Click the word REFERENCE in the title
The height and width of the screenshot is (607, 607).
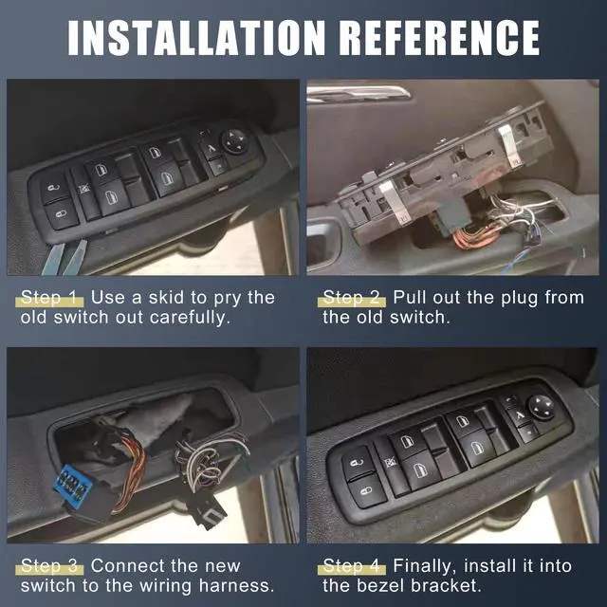click(x=439, y=36)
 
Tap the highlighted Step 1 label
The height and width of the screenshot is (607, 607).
click(x=52, y=298)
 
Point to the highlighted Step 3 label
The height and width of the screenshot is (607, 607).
click(x=52, y=566)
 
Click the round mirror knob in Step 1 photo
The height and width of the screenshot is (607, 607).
click(x=234, y=140)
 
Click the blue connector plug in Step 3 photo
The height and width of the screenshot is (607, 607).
click(x=72, y=485)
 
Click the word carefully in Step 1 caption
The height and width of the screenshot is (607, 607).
click(x=190, y=318)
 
